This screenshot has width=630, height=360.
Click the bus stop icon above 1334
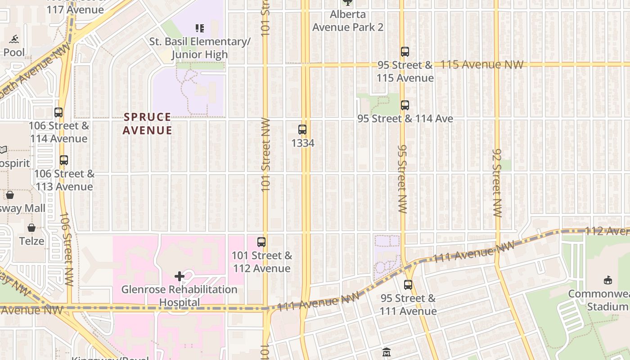pos(302,130)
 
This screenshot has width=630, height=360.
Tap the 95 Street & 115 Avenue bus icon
pos(405,52)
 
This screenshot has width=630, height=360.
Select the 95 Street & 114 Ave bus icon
pos(405,105)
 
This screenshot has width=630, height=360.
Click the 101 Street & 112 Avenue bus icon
pos(261,242)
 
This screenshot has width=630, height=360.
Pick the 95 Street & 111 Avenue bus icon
pos(408,285)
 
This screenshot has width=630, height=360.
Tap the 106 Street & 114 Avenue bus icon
pos(58,112)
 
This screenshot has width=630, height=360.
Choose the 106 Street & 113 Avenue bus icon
pos(64,160)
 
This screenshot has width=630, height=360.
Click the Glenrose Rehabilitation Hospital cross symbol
pos(180,276)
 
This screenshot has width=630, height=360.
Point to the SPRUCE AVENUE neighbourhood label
pos(148,124)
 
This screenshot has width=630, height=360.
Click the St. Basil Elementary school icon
pos(200,29)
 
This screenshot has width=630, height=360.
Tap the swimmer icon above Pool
pos(14,39)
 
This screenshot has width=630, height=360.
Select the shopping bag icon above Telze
pos(31,228)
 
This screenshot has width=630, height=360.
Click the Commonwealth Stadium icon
pos(608,280)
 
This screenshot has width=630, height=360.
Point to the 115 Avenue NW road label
pos(482,65)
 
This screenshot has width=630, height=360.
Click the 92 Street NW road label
pos(497,183)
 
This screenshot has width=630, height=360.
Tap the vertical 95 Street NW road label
pos(402,179)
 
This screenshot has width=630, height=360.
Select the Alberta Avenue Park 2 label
pos(348,21)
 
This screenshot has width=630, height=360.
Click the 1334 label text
pos(303,143)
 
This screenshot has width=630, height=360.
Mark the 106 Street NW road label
pos(67,249)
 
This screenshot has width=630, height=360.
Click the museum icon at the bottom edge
pos(387,352)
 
